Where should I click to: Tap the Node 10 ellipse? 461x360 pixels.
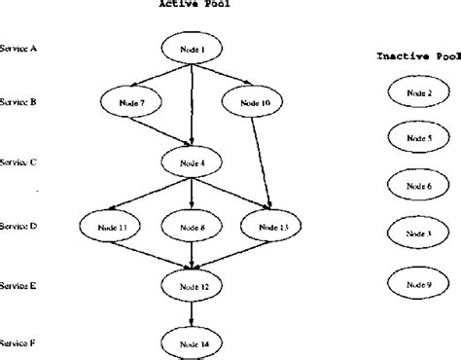pyautogui.click(x=252, y=100)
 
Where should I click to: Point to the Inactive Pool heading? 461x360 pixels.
pyautogui.click(x=417, y=56)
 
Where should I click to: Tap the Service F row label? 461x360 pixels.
pyautogui.click(x=19, y=342)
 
